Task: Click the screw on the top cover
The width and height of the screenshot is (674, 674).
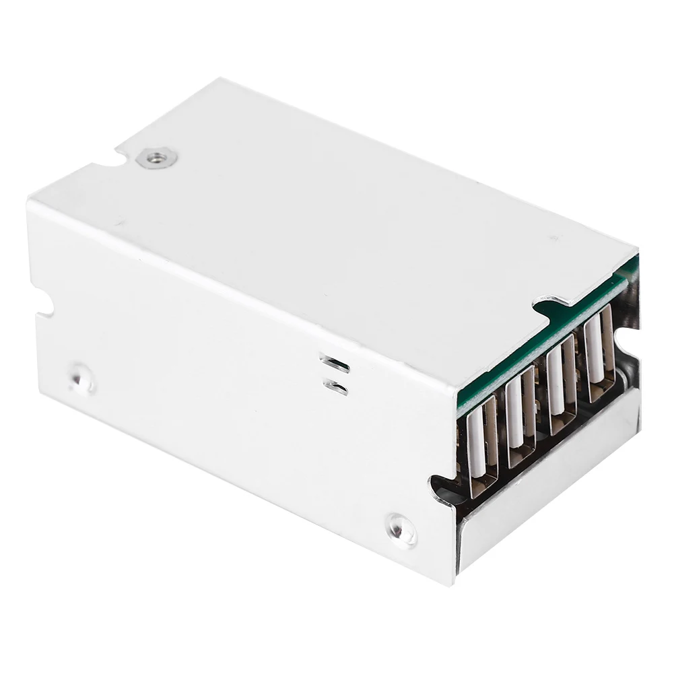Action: [x=156, y=158]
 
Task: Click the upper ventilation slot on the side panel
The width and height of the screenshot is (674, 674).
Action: [x=335, y=364]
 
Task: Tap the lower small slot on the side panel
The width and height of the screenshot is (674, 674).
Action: [x=335, y=387]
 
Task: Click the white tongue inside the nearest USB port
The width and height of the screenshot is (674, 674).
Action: [x=476, y=448]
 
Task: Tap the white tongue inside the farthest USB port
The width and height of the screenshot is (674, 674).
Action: [x=593, y=350]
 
